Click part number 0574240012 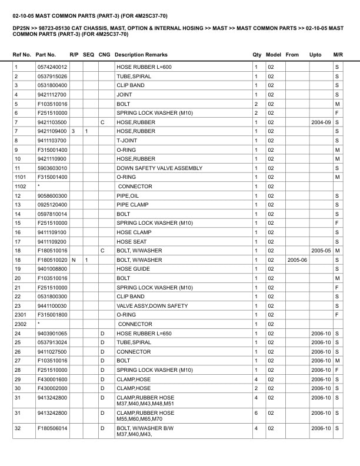(52, 67)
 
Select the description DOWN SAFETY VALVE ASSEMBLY (159, 168)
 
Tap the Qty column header (257, 55)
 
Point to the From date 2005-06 (296, 260)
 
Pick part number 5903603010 (52, 168)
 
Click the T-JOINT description (126, 141)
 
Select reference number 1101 (21, 177)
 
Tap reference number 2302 (21, 324)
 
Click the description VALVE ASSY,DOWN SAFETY (152, 306)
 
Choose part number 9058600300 (52, 195)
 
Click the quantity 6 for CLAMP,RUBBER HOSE (256, 414)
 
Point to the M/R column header (338, 55)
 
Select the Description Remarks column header (141, 55)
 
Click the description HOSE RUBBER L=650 (144, 334)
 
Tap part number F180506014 (52, 429)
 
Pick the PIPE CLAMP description (132, 205)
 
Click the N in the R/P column (74, 260)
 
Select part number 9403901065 (52, 334)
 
